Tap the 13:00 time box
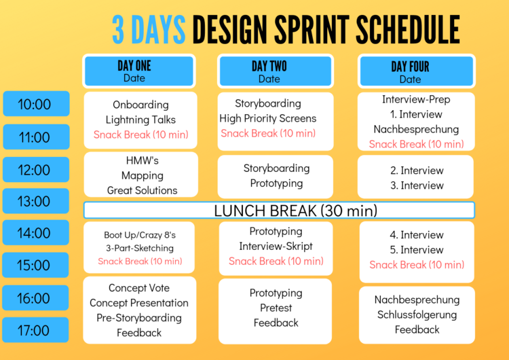click(x=36, y=201)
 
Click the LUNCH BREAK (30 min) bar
click(x=279, y=210)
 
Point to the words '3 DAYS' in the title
click(x=149, y=30)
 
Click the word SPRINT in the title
click(x=312, y=30)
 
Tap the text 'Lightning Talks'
click(x=140, y=120)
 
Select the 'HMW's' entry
click(x=143, y=160)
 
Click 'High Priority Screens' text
click(x=268, y=118)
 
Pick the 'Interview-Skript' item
click(x=276, y=246)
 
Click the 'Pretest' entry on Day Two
click(x=276, y=308)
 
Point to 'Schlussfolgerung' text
click(x=417, y=314)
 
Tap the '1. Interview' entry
click(x=416, y=114)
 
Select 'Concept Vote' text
click(x=139, y=287)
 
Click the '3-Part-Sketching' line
click(x=140, y=248)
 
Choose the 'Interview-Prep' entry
click(x=416, y=99)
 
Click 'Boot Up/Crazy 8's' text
click(x=140, y=234)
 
